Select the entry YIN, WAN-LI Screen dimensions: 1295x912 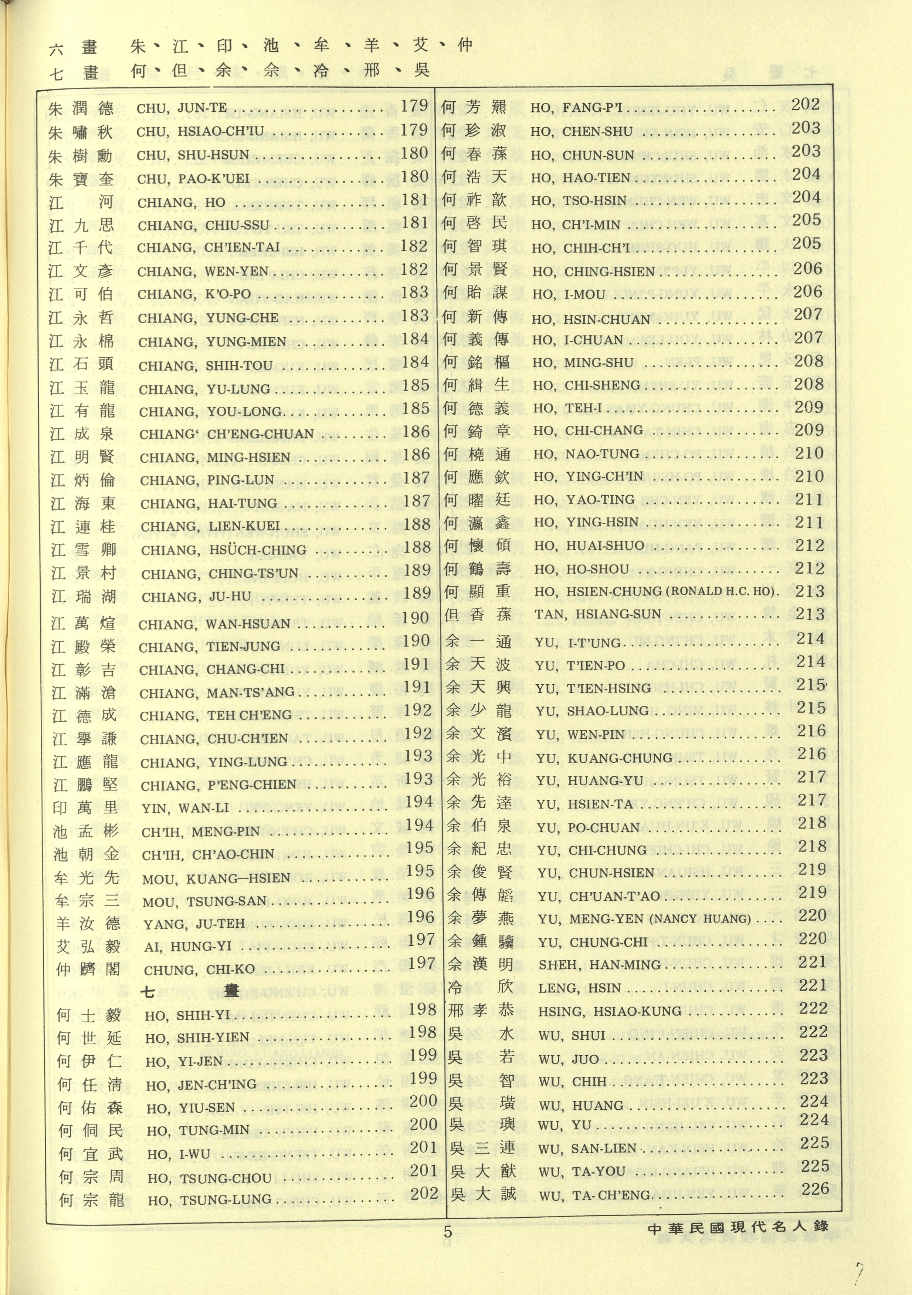(x=186, y=808)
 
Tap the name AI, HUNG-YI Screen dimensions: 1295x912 (x=188, y=947)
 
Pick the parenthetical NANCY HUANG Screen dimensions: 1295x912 (x=701, y=919)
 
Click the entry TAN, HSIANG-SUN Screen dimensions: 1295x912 (x=597, y=614)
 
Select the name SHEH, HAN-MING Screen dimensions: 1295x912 (x=599, y=965)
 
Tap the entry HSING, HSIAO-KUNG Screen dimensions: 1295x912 (x=610, y=1011)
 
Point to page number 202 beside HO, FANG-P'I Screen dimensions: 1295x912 (x=806, y=104)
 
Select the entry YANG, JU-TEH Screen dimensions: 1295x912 (x=194, y=924)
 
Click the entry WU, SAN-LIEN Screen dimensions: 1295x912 (x=588, y=1149)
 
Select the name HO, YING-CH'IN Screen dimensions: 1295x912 (x=588, y=476)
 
